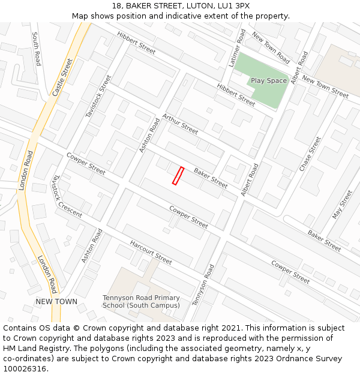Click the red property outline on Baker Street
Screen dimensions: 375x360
tap(178, 176)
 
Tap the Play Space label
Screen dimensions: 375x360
tap(269, 80)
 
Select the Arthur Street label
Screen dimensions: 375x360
tap(180, 124)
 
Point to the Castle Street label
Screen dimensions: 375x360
tap(62, 77)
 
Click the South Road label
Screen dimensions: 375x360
tap(37, 49)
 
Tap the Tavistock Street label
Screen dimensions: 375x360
tap(99, 95)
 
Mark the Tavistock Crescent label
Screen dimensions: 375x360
tap(67, 196)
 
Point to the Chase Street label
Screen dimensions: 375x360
tap(310, 154)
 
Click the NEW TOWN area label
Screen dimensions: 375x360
tap(56, 301)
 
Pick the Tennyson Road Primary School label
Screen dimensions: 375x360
tap(141, 302)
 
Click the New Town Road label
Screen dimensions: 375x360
tap(271, 48)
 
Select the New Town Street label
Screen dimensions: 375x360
tap(325, 87)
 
